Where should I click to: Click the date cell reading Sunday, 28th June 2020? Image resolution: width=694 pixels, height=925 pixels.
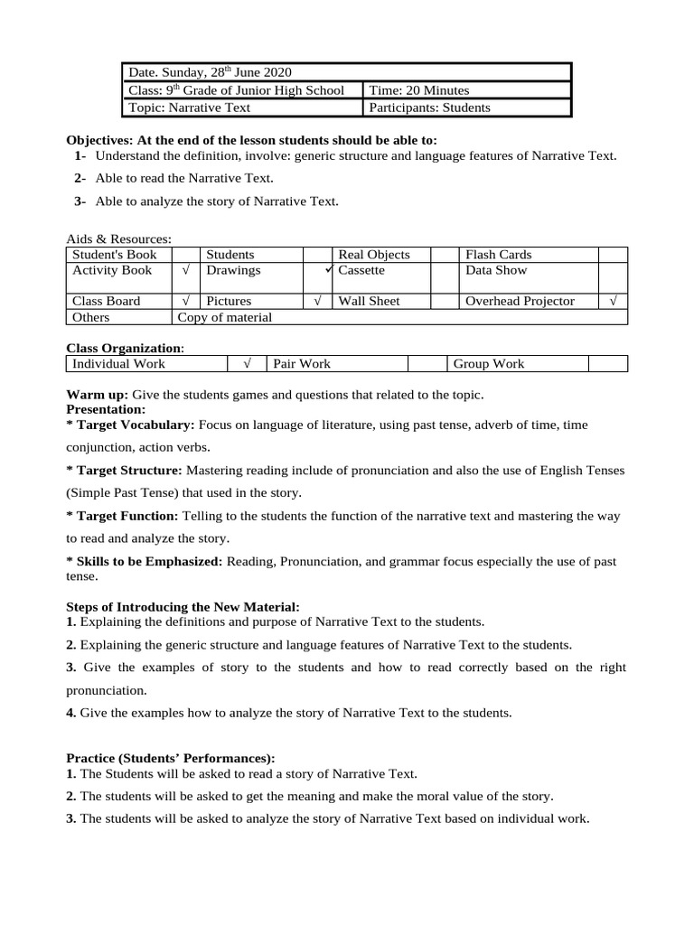(x=210, y=72)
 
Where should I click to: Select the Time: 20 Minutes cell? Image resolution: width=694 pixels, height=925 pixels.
(x=418, y=90)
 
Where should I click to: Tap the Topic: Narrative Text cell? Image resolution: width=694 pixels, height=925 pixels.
(x=189, y=107)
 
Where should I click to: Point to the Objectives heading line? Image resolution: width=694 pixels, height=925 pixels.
(x=251, y=140)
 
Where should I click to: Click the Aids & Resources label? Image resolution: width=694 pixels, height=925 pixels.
(x=119, y=238)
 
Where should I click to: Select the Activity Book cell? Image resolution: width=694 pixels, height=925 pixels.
(x=112, y=270)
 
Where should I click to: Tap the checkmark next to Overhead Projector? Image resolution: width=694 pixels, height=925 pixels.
(x=613, y=301)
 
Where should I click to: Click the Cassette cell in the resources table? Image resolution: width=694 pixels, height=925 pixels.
(x=361, y=270)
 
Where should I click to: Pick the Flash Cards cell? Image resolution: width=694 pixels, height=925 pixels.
(x=498, y=255)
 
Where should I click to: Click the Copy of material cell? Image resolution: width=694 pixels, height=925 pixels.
(x=225, y=317)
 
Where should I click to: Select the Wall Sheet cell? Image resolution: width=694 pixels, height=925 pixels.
(x=369, y=301)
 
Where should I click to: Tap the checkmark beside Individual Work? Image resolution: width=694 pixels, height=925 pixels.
(x=245, y=364)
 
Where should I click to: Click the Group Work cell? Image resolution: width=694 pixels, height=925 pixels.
(x=489, y=364)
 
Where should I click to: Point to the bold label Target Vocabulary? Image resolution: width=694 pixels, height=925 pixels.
(x=131, y=424)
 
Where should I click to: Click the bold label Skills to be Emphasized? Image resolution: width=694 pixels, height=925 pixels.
(x=145, y=561)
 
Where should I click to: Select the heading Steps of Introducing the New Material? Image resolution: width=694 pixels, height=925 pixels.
(x=183, y=606)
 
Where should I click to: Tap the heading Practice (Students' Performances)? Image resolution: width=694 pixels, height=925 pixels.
(x=171, y=758)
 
